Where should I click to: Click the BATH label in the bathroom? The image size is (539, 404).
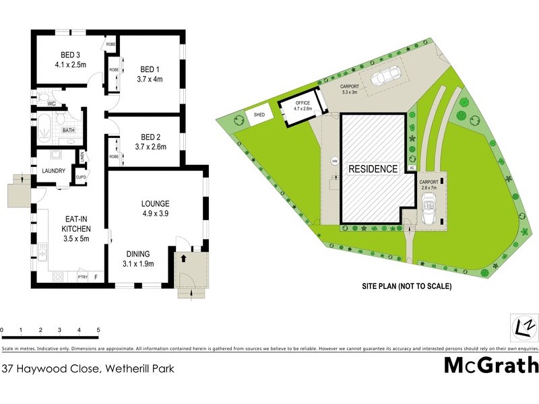[x=68, y=131]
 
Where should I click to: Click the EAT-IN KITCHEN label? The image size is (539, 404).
[x=74, y=223]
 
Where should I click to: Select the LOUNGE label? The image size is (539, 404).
[x=155, y=203]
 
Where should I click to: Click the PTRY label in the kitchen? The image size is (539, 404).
[x=83, y=277]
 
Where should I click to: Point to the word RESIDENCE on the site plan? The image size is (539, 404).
[x=373, y=169]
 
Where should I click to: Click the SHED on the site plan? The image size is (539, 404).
[x=259, y=115]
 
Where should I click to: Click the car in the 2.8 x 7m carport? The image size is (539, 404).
[x=429, y=209]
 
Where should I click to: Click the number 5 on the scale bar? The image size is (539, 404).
[x=98, y=330]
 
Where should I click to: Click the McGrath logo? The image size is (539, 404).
[x=491, y=366]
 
